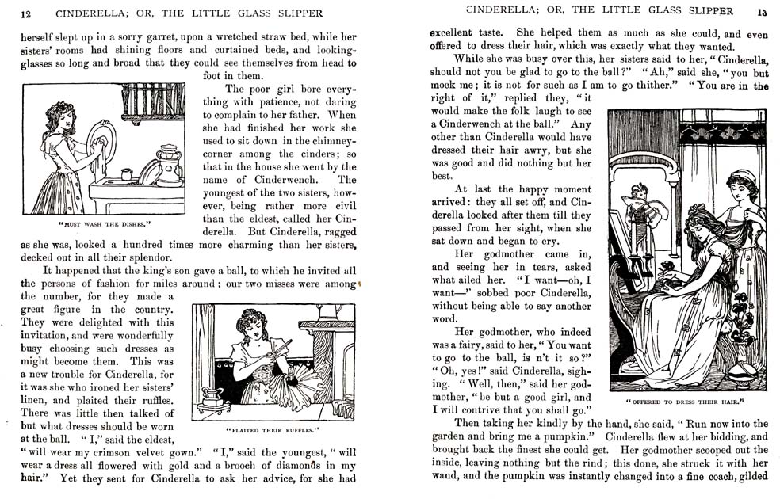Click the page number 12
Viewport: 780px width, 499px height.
point(26,13)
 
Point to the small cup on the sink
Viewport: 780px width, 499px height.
point(128,173)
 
